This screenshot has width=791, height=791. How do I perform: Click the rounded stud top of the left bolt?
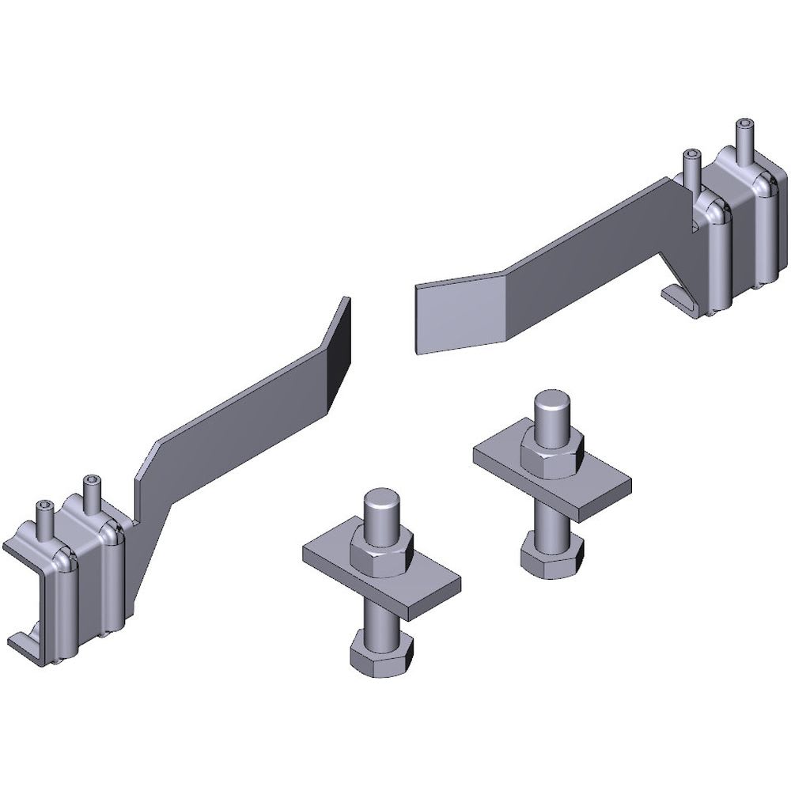click(383, 506)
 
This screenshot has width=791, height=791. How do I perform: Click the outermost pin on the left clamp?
click(44, 517)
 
